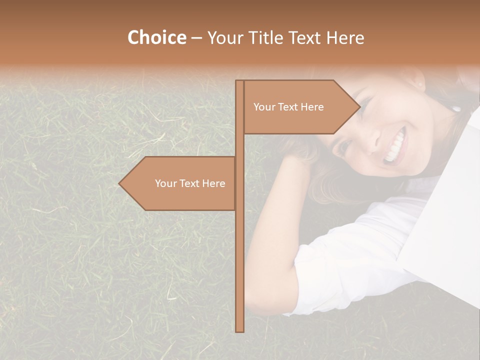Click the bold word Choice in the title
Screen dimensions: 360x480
click(156, 38)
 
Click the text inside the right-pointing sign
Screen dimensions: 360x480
click(288, 107)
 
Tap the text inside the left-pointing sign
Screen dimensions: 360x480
click(190, 183)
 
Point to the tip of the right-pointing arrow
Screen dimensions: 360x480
click(359, 107)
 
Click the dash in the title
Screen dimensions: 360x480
click(196, 38)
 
